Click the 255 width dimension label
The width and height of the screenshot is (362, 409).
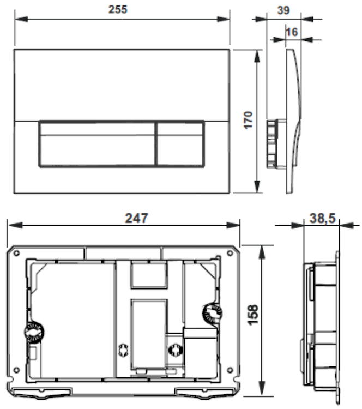(118, 10)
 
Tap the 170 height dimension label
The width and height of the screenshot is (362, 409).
(248, 120)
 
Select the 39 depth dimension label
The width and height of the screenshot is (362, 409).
(283, 10)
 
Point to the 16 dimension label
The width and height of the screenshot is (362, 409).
(292, 32)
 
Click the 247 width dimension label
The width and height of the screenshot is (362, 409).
(137, 218)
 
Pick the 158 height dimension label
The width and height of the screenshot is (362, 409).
(253, 315)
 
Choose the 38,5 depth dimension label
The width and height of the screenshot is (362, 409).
(322, 218)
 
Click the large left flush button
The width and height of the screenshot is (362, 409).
(98, 143)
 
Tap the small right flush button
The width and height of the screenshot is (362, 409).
(180, 143)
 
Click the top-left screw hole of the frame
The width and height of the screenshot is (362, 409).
(16, 253)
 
